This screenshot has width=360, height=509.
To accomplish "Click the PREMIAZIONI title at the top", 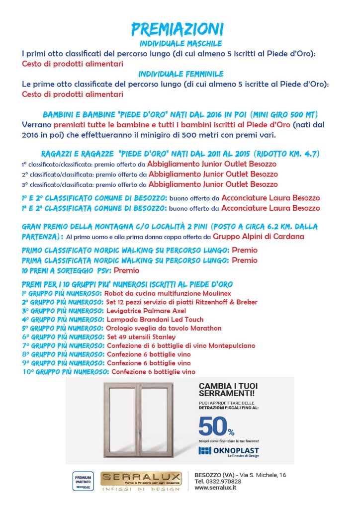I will [178, 28].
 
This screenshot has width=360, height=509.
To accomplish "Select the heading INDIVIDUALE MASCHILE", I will [180, 44].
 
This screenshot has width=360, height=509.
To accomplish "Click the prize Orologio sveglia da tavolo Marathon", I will [164, 329].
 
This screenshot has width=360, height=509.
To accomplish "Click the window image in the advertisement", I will [138, 419].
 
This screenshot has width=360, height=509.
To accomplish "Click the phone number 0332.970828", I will [224, 482].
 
